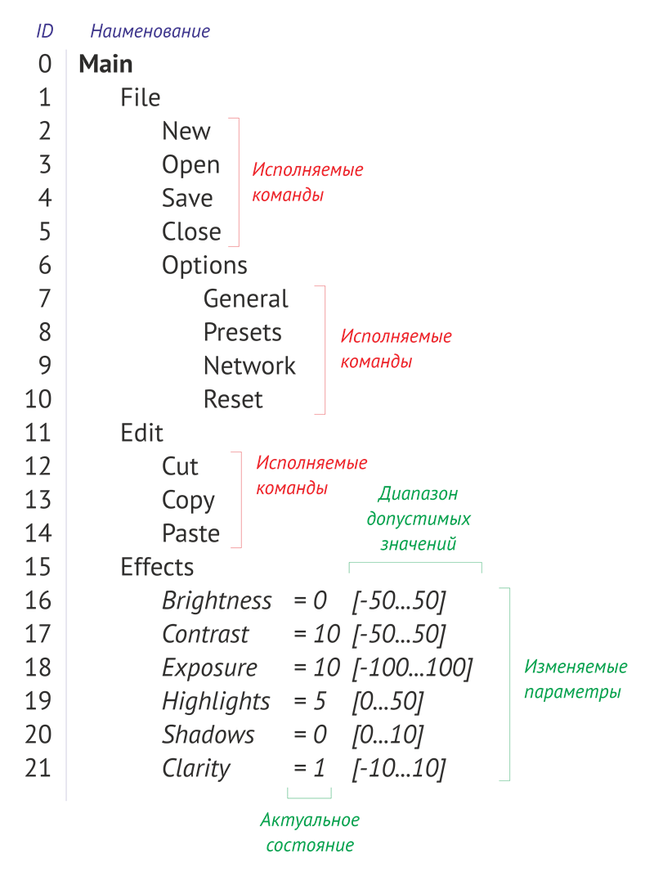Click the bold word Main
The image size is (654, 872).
point(105,64)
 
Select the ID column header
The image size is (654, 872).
point(45,32)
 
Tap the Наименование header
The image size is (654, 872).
point(150,32)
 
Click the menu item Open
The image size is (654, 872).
point(190,164)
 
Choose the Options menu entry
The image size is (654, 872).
point(204,265)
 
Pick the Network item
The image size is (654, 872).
point(249,366)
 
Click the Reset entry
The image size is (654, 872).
point(233,399)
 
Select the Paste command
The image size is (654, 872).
point(190,533)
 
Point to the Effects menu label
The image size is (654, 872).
point(157,567)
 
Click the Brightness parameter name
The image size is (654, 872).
point(217,600)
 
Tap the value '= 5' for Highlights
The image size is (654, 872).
point(310,701)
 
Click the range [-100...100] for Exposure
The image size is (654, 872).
point(412,667)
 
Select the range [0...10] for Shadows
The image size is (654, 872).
point(387,735)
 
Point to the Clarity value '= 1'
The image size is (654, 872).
point(309,768)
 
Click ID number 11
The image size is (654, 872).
point(38,433)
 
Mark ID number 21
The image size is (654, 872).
point(38,768)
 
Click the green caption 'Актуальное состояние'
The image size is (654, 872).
point(310,832)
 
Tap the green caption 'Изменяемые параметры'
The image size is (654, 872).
point(576,679)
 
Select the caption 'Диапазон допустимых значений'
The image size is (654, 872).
point(418,519)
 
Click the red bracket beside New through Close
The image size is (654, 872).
point(237,182)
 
